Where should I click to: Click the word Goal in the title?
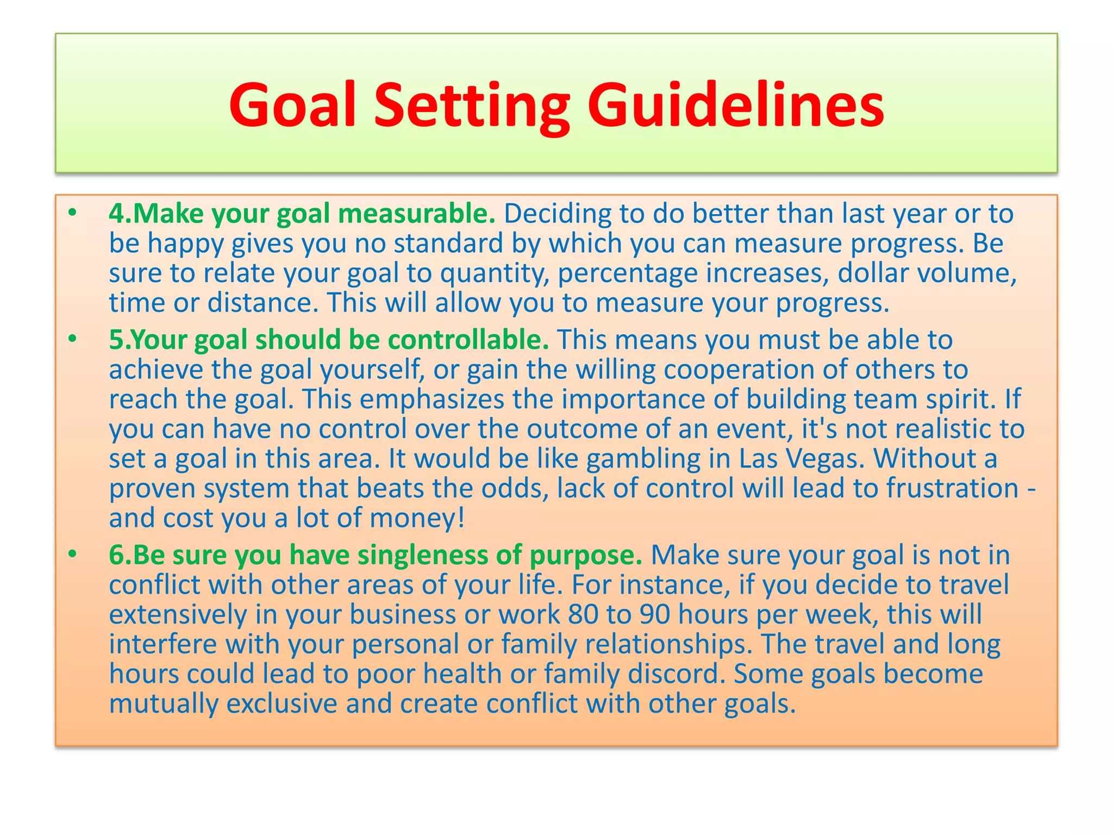[x=292, y=104]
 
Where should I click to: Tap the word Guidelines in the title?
[x=735, y=104]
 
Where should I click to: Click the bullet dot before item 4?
[x=73, y=214]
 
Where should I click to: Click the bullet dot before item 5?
[x=73, y=340]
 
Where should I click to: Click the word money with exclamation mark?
[x=417, y=518]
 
